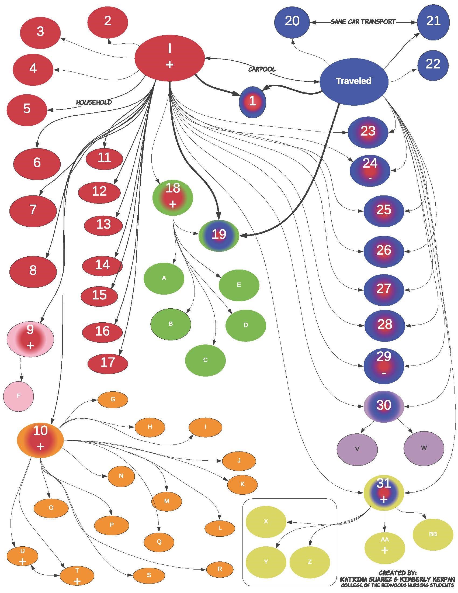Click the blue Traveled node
(x=353, y=81)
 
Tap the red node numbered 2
(x=108, y=21)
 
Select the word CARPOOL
(x=262, y=69)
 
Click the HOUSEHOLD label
(x=94, y=102)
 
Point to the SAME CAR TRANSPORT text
(x=363, y=22)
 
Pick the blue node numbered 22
(x=433, y=64)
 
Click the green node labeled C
(x=205, y=360)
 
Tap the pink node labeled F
(x=18, y=396)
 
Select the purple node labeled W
(x=424, y=448)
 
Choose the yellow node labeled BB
(x=433, y=534)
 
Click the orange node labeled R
(x=220, y=569)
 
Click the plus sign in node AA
(x=385, y=550)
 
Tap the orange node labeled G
(x=113, y=399)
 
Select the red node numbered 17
(x=108, y=363)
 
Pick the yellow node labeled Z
(x=310, y=562)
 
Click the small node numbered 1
(x=252, y=102)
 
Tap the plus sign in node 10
(x=40, y=447)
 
